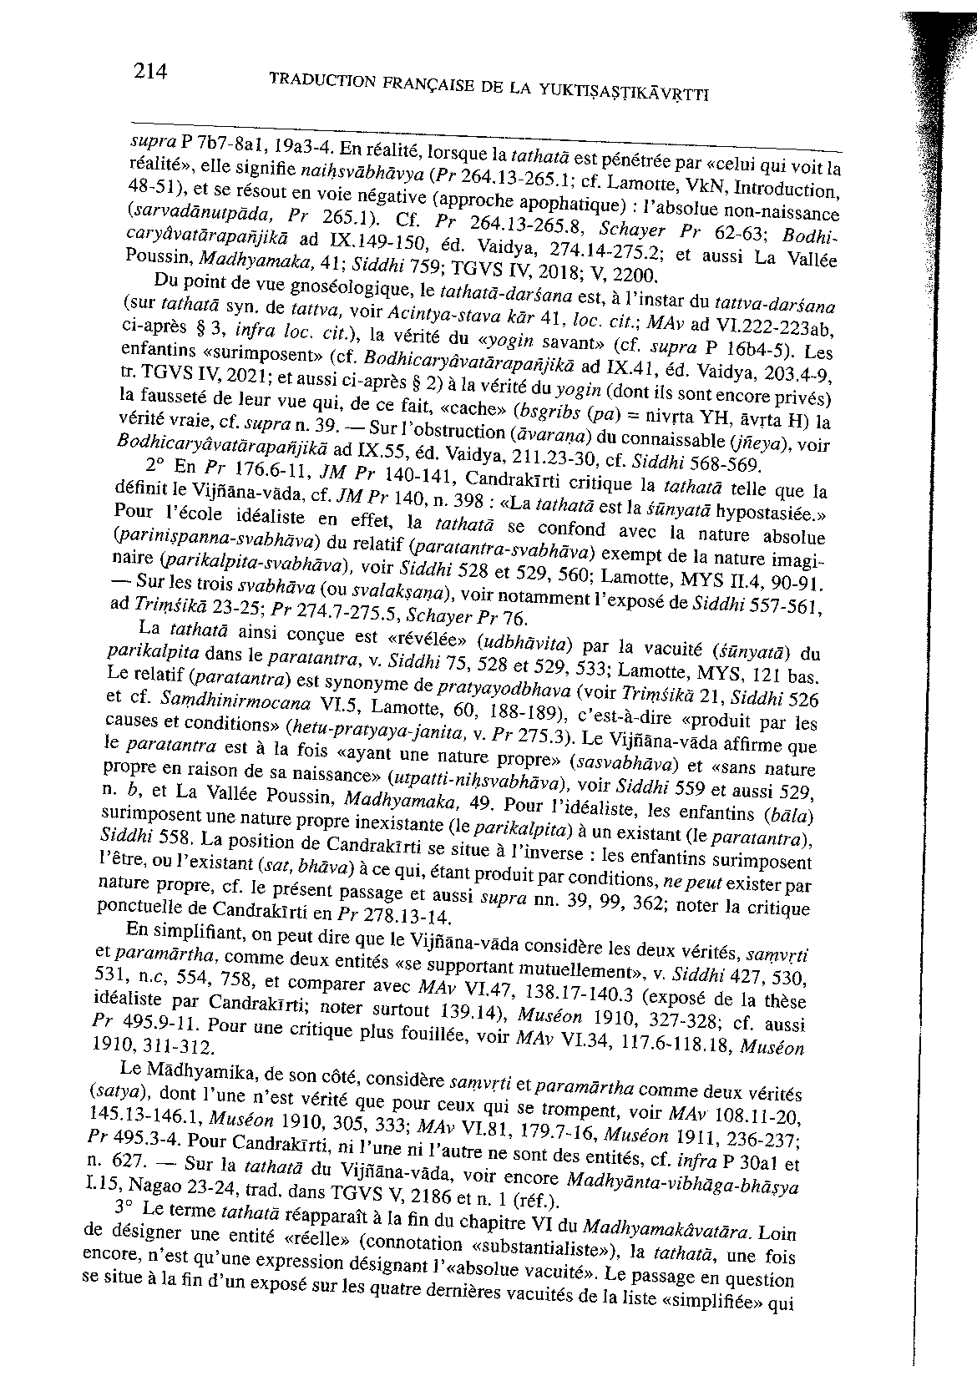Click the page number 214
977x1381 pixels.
(x=151, y=72)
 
